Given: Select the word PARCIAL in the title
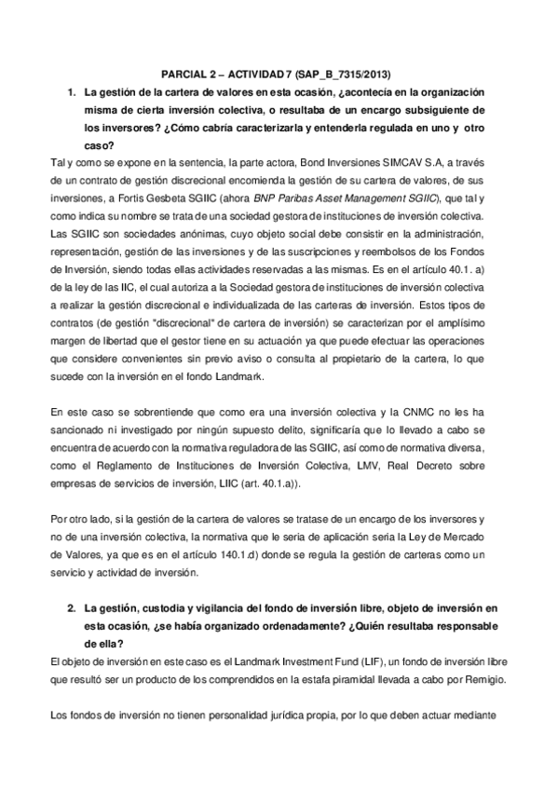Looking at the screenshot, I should pos(178,75).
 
